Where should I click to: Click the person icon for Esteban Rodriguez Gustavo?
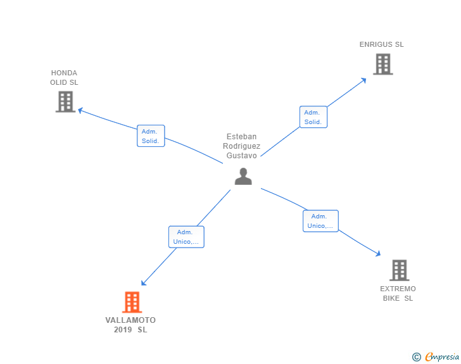[243, 177]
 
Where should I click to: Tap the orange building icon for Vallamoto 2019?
[131, 302]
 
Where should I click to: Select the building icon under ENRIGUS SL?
[382, 64]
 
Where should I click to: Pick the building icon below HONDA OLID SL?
[65, 101]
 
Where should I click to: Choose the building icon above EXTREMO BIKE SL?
[399, 270]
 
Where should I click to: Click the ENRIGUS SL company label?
[381, 44]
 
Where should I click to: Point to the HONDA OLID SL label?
[65, 77]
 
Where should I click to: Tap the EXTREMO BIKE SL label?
[398, 293]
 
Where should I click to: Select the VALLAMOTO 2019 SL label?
[130, 325]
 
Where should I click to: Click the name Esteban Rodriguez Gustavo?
[241, 146]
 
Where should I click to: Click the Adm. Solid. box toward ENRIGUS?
[313, 117]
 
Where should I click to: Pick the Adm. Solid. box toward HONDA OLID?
[151, 136]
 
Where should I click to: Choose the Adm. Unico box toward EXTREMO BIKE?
[320, 221]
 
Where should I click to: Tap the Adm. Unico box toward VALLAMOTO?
[186, 237]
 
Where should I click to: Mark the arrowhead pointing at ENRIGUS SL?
[363, 80]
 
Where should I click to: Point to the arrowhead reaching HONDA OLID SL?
[80, 110]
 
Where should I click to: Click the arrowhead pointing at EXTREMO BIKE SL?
[377, 253]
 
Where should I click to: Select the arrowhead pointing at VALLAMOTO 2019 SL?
[144, 284]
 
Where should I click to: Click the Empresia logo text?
[442, 357]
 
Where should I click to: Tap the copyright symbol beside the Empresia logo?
[417, 357]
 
